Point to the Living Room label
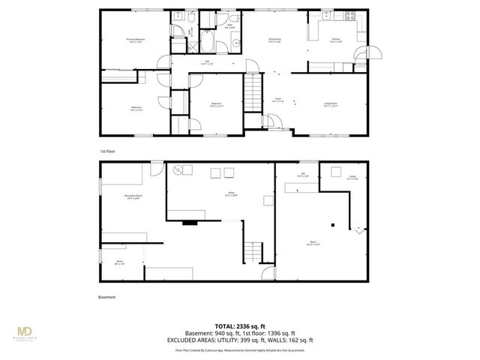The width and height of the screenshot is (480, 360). tap(330, 105)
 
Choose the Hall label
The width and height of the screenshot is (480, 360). tap(205, 63)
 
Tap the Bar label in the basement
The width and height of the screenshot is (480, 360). tap(303, 175)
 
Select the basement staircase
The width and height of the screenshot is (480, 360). tap(256, 251)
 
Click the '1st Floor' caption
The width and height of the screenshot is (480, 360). tap(107, 151)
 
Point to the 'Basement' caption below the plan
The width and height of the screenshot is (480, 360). tap(107, 297)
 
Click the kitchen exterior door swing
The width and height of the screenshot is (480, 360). tap(372, 52)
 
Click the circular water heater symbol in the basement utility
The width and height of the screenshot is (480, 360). tap(179, 169)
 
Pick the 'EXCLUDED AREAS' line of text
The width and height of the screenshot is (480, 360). tap(240, 340)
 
